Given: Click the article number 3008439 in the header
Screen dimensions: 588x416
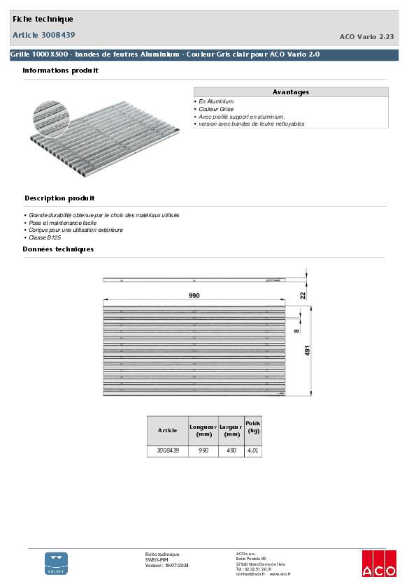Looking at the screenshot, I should click(x=58, y=35).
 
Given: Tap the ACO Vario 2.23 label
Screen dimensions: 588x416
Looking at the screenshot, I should click(x=366, y=37).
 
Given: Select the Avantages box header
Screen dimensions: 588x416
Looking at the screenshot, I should click(x=290, y=92).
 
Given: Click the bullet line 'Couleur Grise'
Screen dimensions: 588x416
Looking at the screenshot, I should click(x=216, y=109).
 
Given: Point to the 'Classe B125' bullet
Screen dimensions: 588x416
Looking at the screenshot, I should click(x=45, y=237).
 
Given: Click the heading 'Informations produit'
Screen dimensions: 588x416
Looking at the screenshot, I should click(x=60, y=71).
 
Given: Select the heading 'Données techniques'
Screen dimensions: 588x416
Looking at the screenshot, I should click(x=58, y=249).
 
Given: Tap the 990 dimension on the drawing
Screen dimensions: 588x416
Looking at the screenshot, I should click(x=194, y=296).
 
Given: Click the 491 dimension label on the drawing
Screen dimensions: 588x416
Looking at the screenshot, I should click(x=307, y=351).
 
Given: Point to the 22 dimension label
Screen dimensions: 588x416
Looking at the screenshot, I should click(x=303, y=295).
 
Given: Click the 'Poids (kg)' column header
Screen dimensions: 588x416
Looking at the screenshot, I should click(x=253, y=427).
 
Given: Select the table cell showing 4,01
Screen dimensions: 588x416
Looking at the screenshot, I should click(x=253, y=451).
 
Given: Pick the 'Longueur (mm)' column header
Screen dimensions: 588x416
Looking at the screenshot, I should click(x=203, y=430).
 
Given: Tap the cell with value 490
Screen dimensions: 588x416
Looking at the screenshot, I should click(x=231, y=451).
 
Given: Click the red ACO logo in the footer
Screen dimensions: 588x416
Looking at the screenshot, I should click(x=378, y=563).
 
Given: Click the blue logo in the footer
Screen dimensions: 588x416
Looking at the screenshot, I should click(x=57, y=563).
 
